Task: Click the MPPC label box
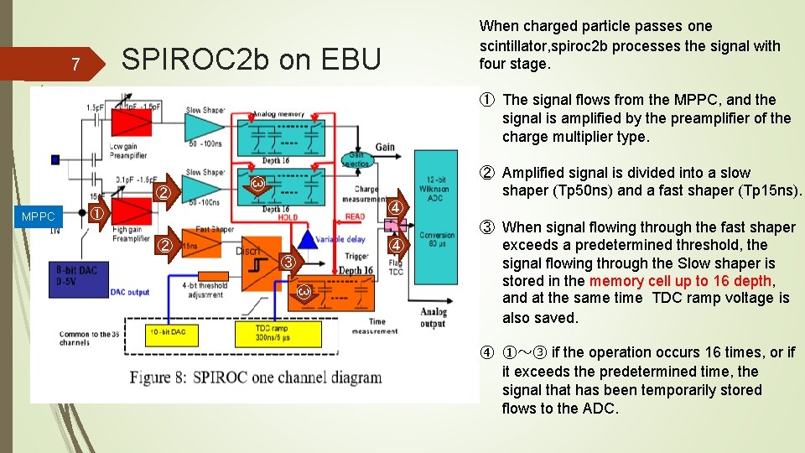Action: pyautogui.click(x=38, y=216)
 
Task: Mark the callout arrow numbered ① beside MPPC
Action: pyautogui.click(x=97, y=214)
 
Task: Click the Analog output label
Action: pyautogui.click(x=433, y=318)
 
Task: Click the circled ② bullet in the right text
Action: pyautogui.click(x=487, y=173)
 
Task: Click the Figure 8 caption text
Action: pyautogui.click(x=255, y=377)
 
